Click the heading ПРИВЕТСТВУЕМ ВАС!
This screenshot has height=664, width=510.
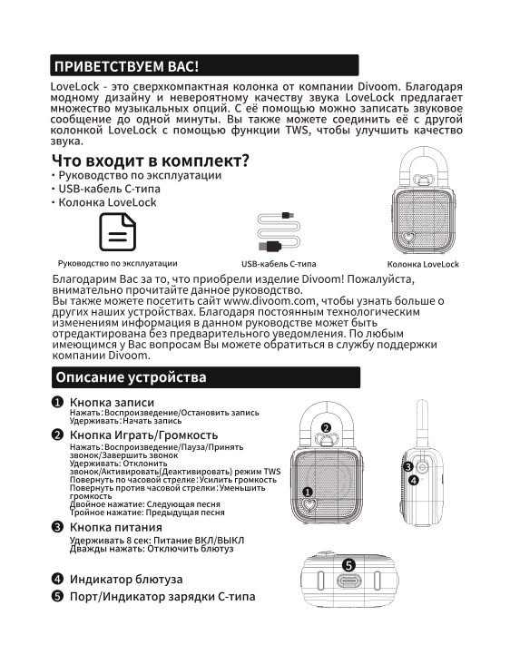pos(126,66)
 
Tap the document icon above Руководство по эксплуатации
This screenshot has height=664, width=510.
pos(118,232)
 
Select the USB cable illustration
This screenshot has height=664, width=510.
pos(279,232)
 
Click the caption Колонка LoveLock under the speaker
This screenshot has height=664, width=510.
pos(423,264)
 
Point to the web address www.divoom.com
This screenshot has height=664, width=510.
pos(270,301)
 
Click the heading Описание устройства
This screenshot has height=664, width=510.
pos(131,377)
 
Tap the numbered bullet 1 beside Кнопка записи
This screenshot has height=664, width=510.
pos(57,402)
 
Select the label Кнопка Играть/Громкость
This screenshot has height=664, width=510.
pos(143,435)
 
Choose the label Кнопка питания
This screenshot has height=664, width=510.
pos(115,527)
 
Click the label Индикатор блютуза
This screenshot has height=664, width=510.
pos(126,579)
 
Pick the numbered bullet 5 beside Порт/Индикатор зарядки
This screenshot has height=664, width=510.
pos(57,596)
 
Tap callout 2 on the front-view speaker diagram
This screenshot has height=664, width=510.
pos(326,428)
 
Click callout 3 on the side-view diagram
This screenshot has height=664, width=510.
pos(408,466)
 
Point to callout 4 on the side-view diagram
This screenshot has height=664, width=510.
pos(414,480)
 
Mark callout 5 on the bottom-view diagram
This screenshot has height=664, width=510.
pos(348,565)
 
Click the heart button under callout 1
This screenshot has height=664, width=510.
pos(309,505)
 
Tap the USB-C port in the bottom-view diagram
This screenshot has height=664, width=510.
pos(348,581)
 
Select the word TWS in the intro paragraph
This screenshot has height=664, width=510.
pos(297,130)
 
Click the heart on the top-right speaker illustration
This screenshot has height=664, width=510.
pos(408,237)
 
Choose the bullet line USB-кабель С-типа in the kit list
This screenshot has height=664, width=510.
pos(109,189)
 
